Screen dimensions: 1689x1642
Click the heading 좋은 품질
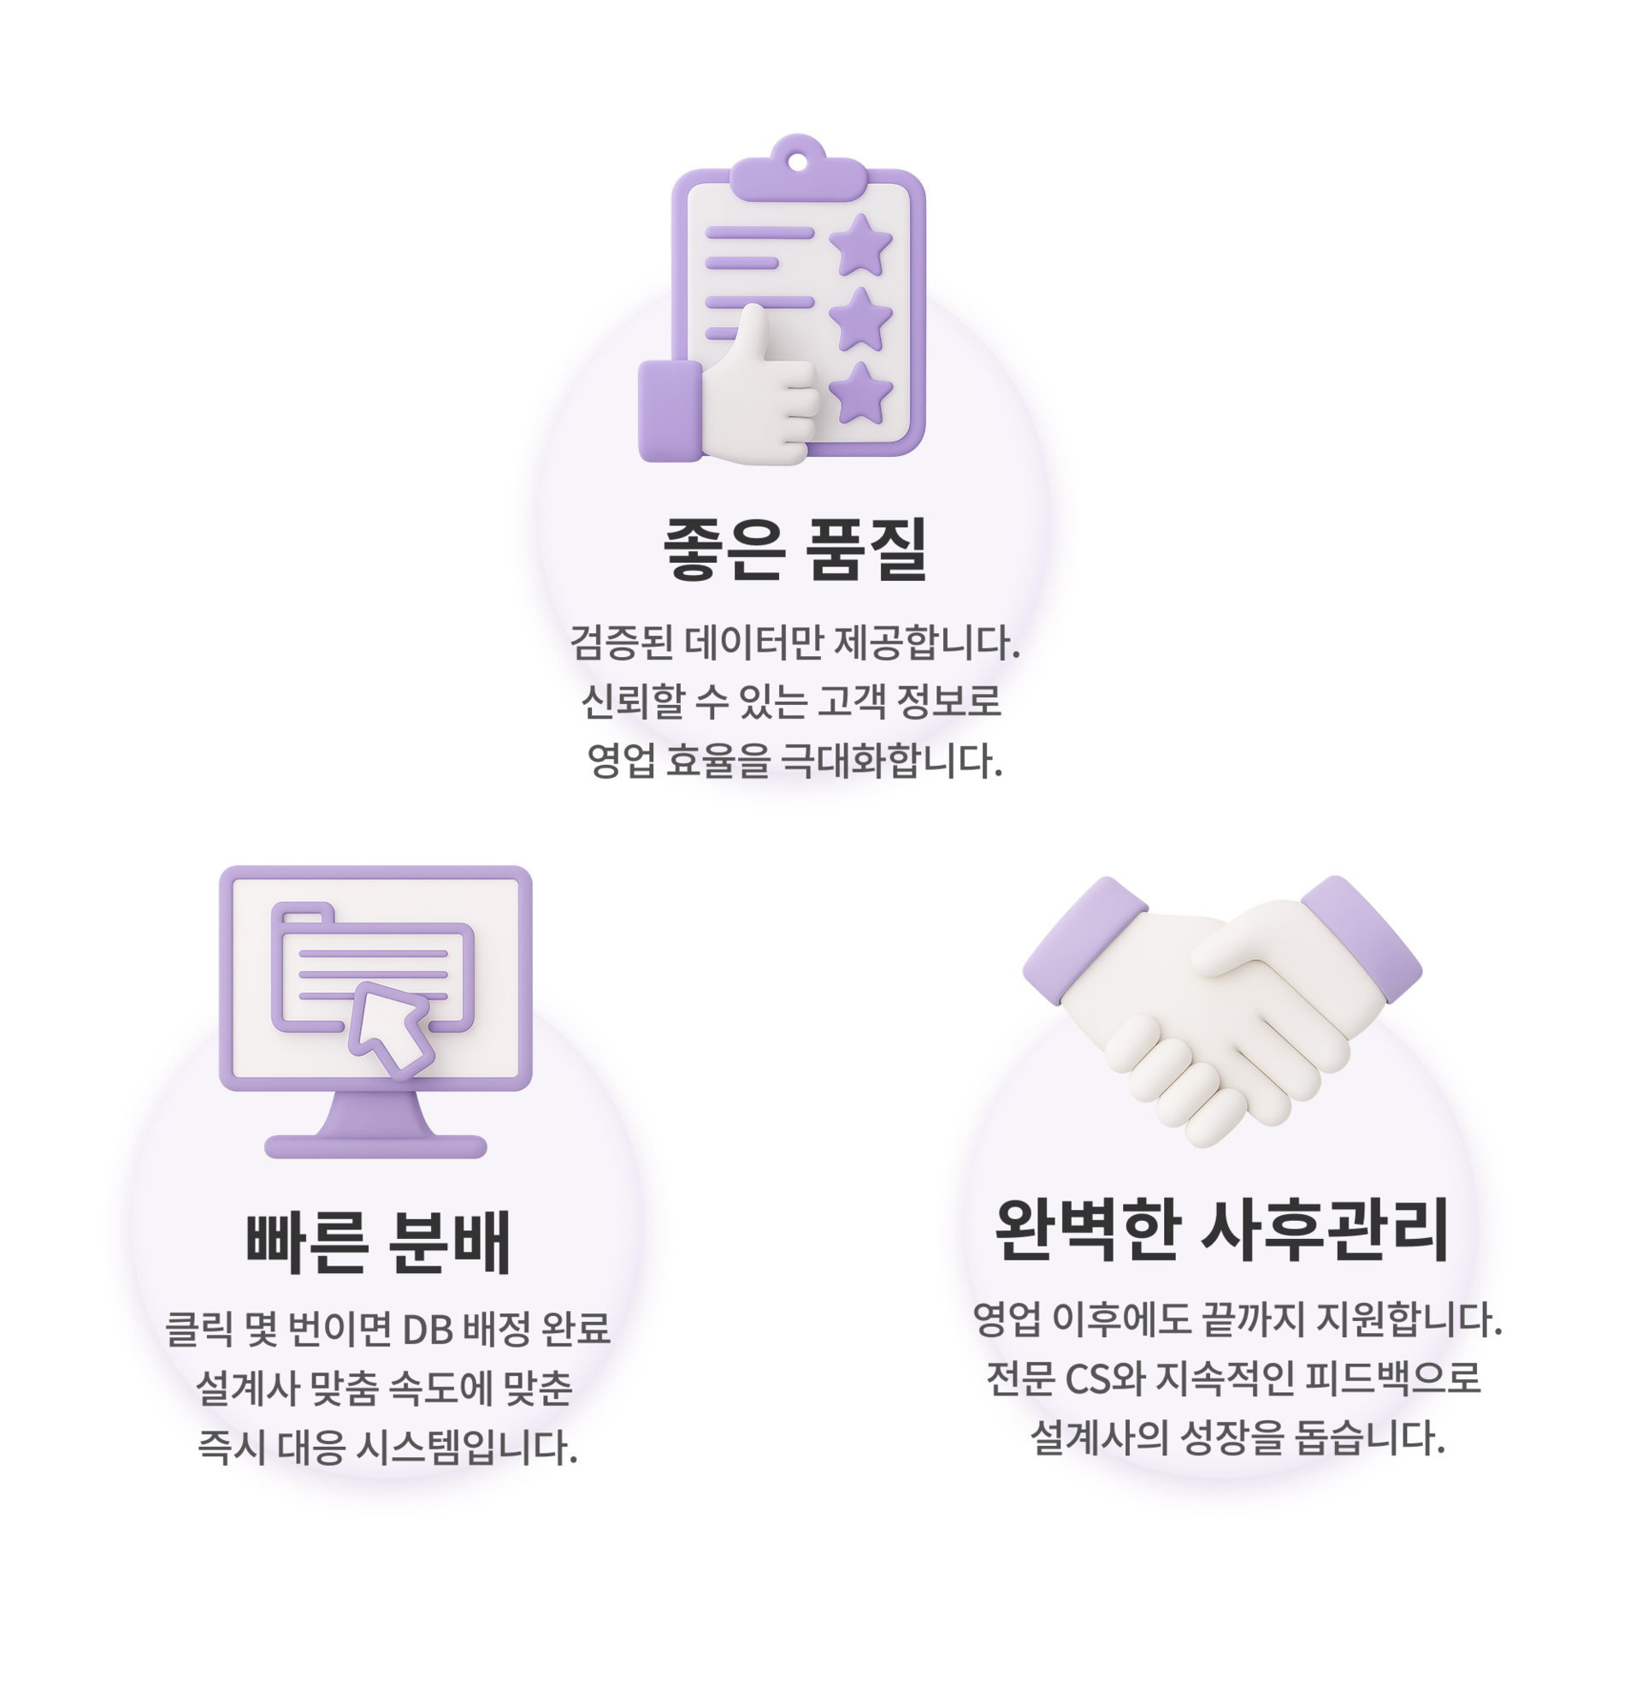click(794, 548)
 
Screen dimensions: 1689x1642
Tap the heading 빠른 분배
click(379, 1243)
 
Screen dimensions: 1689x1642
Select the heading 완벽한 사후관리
click(1221, 1230)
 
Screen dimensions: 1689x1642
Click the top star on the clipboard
click(860, 246)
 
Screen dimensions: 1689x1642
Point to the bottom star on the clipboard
click(860, 394)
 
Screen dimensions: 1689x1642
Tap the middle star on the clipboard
click(860, 321)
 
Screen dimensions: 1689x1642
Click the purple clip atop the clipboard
click(798, 174)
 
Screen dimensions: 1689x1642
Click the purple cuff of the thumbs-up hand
click(670, 411)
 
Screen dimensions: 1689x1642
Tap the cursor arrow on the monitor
click(390, 1029)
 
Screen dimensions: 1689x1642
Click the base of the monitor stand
click(375, 1147)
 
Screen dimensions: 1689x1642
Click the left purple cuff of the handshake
click(1084, 940)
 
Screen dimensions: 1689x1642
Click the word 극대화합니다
click(891, 761)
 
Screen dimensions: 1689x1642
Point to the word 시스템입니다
click(467, 1448)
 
